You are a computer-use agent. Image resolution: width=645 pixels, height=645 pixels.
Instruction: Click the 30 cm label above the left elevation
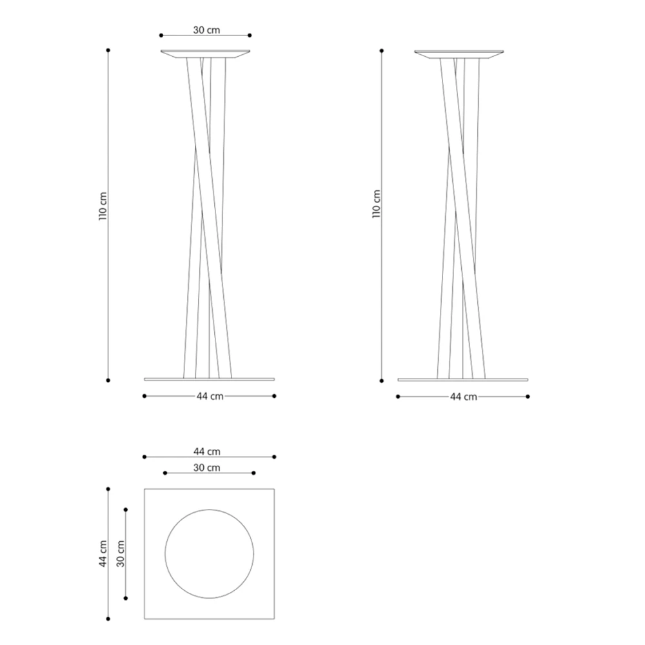point(206,30)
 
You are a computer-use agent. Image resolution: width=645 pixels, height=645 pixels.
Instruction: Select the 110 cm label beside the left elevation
point(103,206)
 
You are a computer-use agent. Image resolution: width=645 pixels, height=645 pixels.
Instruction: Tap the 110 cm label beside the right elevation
point(377,204)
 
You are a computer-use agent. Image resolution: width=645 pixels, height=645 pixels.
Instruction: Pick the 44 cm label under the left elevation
point(210,396)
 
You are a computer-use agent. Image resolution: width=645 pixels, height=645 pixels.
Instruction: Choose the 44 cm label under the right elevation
point(464,397)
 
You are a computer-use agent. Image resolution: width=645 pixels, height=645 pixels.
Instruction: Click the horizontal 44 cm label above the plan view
point(207,451)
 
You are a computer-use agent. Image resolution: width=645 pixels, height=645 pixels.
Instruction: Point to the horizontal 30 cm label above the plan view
point(206,468)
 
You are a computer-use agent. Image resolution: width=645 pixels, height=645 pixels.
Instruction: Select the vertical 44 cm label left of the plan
point(103,553)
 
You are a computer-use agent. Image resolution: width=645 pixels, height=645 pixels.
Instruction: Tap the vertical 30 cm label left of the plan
point(120,553)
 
